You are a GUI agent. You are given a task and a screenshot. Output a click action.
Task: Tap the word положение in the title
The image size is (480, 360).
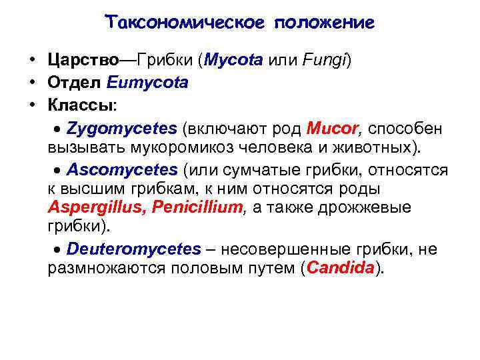pos(323,23)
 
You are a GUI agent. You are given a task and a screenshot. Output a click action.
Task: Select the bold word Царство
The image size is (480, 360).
pos(83,61)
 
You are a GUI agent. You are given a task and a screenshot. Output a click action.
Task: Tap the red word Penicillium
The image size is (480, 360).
pos(197,207)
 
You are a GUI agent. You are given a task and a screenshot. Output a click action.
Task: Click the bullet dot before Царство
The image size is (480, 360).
pos(31,61)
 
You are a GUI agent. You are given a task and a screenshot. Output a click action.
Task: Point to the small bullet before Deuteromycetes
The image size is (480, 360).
pos(57,250)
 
